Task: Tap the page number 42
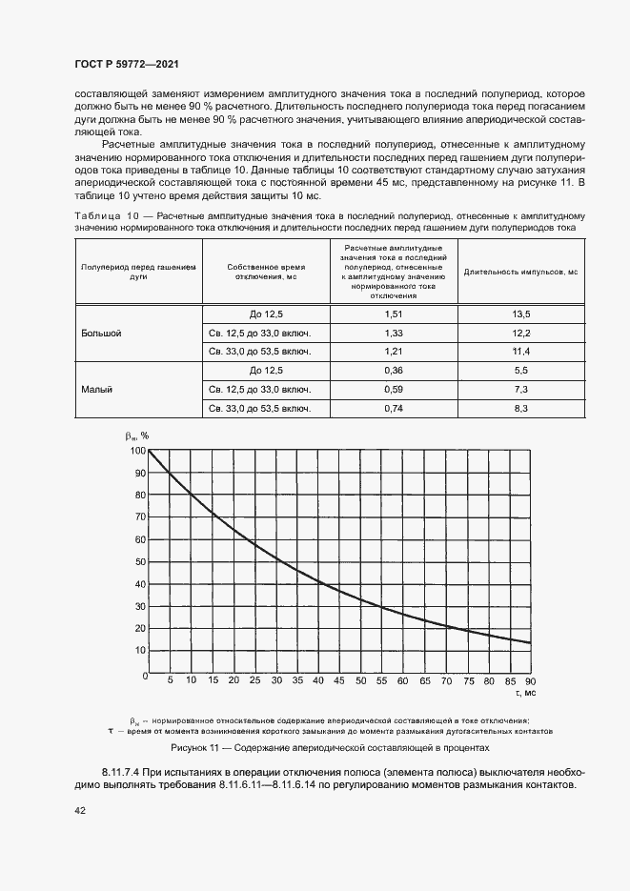point(80,810)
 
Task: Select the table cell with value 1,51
point(394,314)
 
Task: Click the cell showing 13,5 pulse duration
point(521,314)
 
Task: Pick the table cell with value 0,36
point(394,370)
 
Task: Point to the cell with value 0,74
point(394,408)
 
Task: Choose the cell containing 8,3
point(521,408)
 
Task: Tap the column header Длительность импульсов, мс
point(521,272)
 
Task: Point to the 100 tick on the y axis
point(139,450)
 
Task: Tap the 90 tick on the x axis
point(530,680)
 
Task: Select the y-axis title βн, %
point(137,435)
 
